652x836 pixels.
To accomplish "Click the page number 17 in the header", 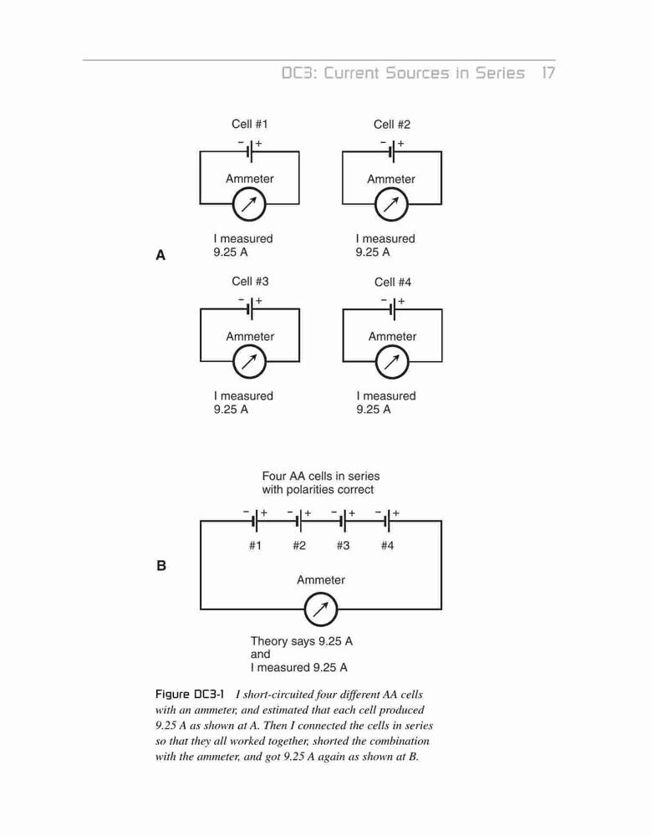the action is coord(548,73).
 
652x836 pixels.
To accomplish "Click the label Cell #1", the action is coord(249,125).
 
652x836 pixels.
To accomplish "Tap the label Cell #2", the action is coord(392,125).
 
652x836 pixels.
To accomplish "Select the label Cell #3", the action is coord(250,282).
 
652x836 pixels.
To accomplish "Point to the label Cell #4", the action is coord(393,282).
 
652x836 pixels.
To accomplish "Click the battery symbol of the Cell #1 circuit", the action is coord(249,150).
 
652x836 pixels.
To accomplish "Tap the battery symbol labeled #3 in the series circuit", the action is coord(344,521).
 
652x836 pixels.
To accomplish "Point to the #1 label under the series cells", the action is coord(255,545).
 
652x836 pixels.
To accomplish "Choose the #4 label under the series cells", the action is coord(388,545).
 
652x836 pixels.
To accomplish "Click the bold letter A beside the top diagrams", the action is coord(160,255).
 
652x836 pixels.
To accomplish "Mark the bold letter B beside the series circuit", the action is coord(161,566).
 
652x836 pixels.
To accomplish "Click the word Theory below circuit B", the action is coord(267,641).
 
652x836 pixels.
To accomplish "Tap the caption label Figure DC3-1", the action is coord(189,694).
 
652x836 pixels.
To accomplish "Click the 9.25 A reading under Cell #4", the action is coord(374,410).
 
